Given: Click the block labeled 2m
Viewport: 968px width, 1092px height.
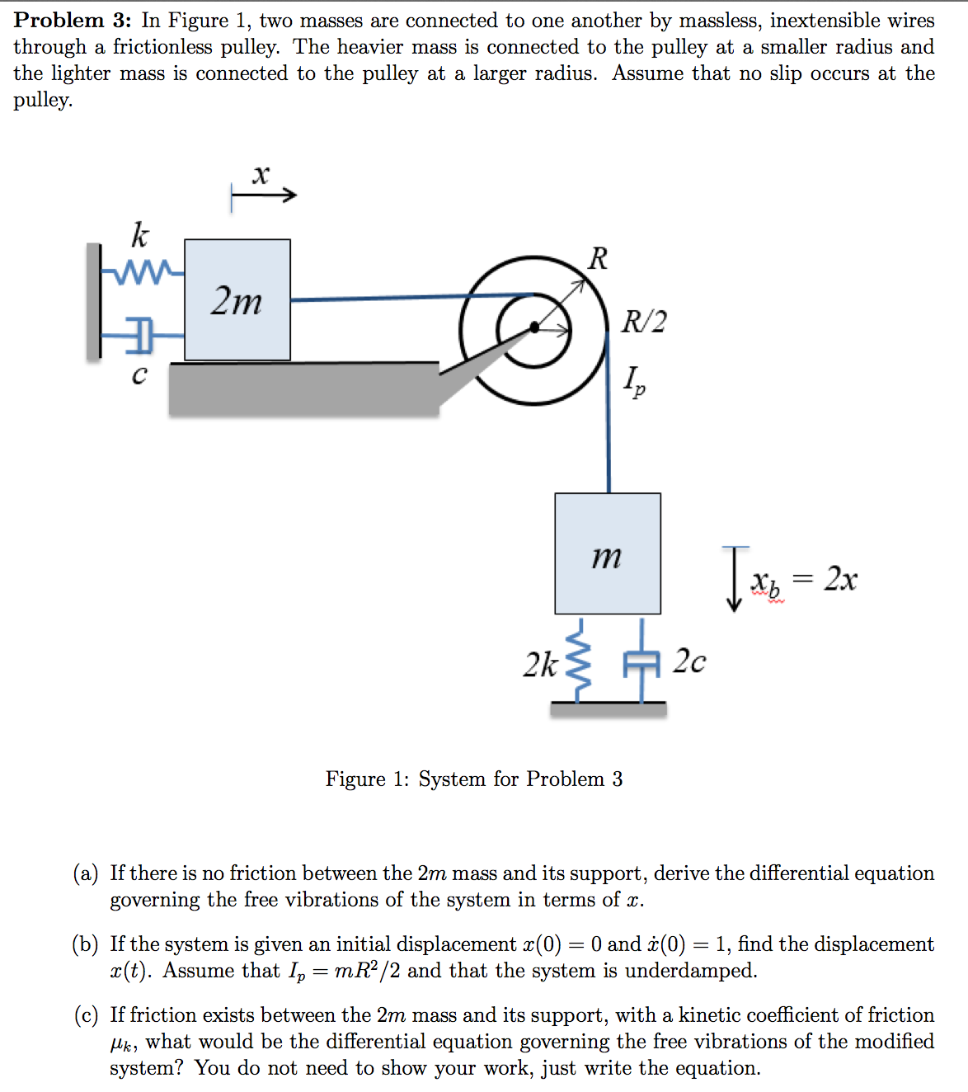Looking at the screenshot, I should pos(237,299).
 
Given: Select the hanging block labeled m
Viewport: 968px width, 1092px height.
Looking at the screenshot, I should pos(608,553).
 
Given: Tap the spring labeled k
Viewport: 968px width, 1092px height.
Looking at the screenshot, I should pos(143,271).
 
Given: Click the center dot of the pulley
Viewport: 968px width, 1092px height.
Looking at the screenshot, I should pos(534,327).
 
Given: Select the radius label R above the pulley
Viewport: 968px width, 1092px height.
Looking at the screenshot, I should pos(598,258).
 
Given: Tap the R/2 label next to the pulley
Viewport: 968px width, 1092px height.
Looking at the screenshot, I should pos(644,321).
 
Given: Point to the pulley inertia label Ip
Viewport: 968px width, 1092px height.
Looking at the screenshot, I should pos(634,381).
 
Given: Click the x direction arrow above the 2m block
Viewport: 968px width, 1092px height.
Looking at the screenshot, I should pos(263,195).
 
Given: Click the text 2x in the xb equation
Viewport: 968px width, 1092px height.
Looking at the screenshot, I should pos(840,579).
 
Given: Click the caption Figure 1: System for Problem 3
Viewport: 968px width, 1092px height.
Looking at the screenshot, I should pos(474,779).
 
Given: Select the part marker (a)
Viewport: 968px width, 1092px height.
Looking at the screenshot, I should pos(86,873).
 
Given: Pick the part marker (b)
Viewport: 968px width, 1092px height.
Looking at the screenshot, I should pos(86,944).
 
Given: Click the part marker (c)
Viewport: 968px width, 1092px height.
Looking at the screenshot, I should pos(86,1015).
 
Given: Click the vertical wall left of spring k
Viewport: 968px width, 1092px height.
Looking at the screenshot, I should pos(93,302).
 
